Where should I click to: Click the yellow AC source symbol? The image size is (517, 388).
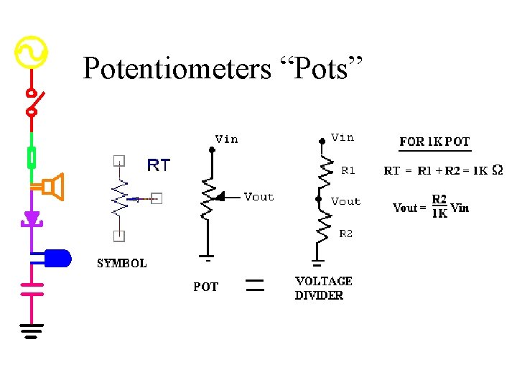(x=31, y=52)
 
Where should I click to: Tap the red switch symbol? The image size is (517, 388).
(x=32, y=102)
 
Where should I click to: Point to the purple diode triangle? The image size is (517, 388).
(x=32, y=217)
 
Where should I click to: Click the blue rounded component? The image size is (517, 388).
(x=57, y=257)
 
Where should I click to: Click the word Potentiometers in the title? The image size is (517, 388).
(x=176, y=69)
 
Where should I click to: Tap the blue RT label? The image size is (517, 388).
(x=158, y=166)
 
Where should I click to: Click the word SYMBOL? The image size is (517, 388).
(x=122, y=263)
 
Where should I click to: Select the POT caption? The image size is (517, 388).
(x=205, y=287)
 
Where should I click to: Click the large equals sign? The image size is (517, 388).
(x=256, y=285)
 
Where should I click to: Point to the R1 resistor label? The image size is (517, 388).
(x=348, y=171)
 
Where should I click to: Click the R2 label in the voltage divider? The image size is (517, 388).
(x=346, y=234)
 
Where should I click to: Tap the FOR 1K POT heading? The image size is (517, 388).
(x=434, y=142)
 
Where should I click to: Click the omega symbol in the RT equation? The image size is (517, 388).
(x=498, y=170)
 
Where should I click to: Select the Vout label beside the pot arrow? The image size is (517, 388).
(x=258, y=197)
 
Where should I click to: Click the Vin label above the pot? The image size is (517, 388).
(x=226, y=139)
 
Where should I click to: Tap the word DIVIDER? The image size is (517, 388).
(x=319, y=295)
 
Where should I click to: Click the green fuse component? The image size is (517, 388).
(x=32, y=156)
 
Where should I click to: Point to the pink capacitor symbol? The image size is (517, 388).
(x=32, y=288)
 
